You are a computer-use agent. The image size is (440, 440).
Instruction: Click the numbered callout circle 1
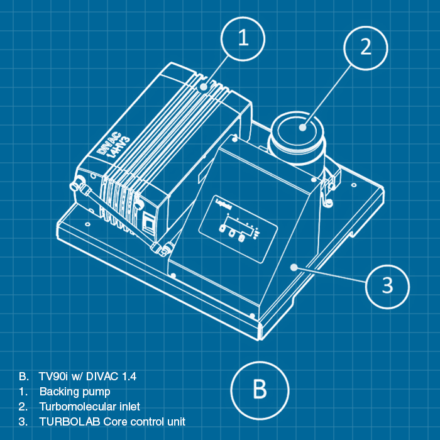tap(243, 40)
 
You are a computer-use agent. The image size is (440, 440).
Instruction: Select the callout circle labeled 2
tap(366, 46)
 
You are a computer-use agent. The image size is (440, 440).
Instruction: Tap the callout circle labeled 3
tap(387, 286)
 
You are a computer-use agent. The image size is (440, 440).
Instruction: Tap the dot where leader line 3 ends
tap(294, 267)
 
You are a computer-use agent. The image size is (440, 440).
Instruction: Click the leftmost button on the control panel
tap(223, 229)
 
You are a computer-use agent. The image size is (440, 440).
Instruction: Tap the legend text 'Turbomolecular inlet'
tap(89, 407)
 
